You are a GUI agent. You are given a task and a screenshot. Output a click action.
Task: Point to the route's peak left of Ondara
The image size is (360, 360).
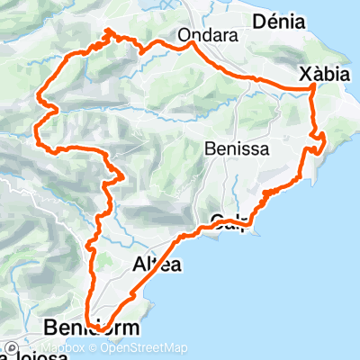coord(109,31)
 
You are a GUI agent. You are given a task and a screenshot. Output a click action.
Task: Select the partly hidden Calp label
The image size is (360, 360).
coord(229,219)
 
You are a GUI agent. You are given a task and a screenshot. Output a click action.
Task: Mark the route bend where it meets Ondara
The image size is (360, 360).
coord(192,44)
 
